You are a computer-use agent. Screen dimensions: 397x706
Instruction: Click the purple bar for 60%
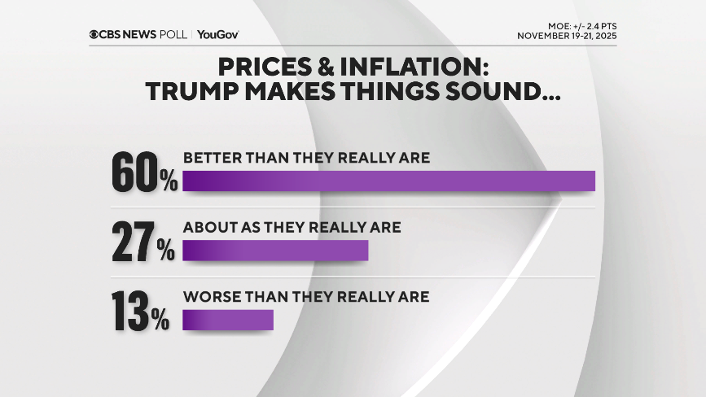pos(388,181)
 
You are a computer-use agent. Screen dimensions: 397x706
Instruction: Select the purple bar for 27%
pos(275,251)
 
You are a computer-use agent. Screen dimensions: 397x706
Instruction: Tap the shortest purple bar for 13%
pos(228,320)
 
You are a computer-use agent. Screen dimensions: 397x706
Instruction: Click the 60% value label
pos(144,172)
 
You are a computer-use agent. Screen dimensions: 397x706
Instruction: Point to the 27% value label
pos(143,242)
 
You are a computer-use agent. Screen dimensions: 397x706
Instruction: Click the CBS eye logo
pos(95,34)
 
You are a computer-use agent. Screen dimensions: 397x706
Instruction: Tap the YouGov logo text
pos(218,34)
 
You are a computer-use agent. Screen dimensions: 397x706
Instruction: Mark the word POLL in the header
pos(173,34)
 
